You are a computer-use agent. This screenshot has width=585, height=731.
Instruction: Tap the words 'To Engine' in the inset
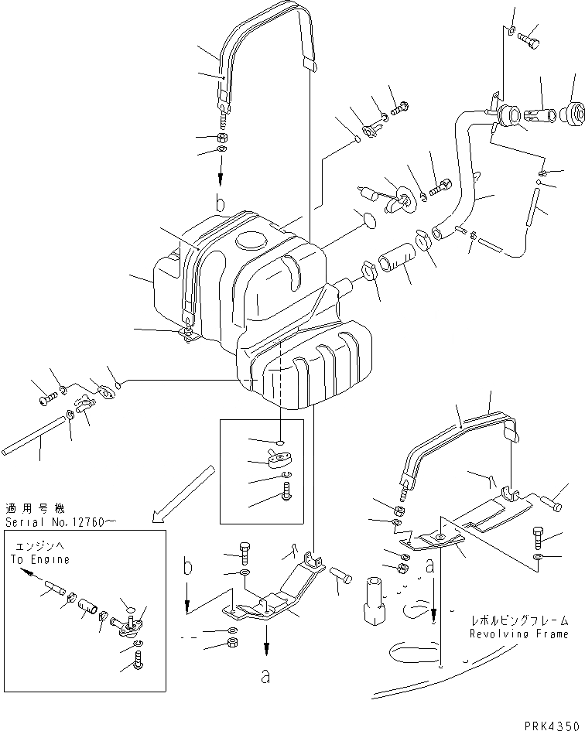[x=39, y=559]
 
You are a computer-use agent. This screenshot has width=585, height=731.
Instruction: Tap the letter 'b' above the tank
[x=221, y=206]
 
